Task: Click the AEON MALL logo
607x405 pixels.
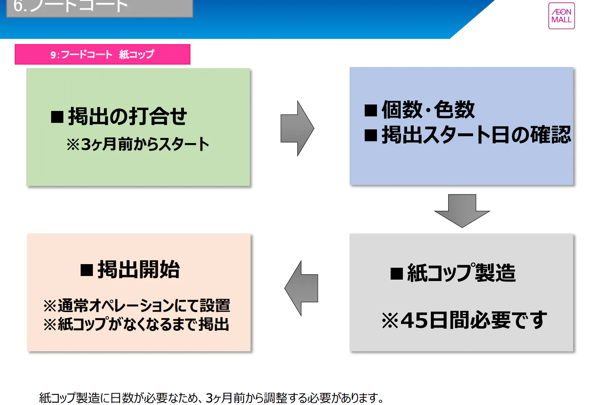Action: pos(561,16)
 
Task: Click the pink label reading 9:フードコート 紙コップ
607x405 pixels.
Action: pos(102,54)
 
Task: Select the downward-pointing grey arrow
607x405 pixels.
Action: pos(462,211)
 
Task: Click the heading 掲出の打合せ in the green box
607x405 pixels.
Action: pos(127,116)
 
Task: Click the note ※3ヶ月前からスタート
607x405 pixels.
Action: pos(138,144)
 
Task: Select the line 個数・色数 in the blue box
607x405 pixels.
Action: pos(428,110)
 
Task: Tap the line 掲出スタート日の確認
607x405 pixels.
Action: pos(476,135)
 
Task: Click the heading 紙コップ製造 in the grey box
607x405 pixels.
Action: pos(461,273)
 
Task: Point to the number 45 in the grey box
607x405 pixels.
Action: pos(414,320)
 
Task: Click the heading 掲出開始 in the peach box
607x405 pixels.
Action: pos(139,269)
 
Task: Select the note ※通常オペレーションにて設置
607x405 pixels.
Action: pos(136,306)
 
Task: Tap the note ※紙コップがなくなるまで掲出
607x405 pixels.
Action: pos(136,324)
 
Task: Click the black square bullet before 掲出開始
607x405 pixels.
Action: pos(87,270)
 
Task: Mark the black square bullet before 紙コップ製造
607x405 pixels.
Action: pos(396,273)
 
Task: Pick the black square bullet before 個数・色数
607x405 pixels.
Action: pos(370,110)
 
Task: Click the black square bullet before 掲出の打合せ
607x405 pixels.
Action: pos(57,117)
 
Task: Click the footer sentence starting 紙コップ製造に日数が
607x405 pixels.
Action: pos(211,398)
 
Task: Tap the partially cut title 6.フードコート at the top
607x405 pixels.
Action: pos(71,6)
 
